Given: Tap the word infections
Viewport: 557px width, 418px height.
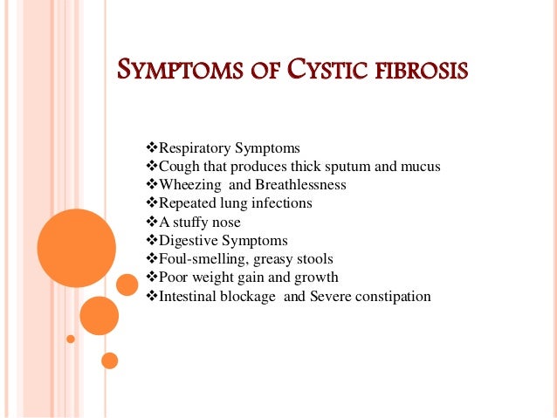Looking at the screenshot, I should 281,203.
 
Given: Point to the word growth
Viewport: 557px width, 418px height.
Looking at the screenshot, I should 318,278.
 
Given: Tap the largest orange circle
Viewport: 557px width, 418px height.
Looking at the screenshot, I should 77,248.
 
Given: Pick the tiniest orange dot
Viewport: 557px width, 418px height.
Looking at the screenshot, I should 71,339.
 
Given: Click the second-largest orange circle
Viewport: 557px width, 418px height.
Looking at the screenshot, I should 99,316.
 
